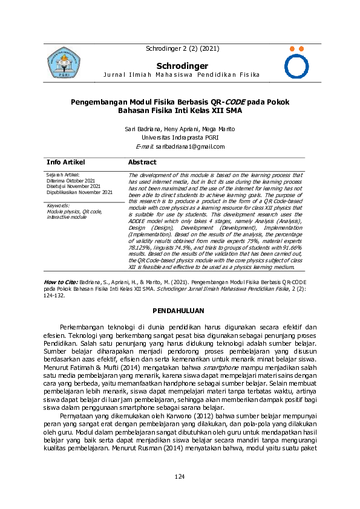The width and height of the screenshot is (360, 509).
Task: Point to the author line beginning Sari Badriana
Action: coord(180,129)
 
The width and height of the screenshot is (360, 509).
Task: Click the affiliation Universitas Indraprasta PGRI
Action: coord(180,137)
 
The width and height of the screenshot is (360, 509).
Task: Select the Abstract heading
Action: coord(142,163)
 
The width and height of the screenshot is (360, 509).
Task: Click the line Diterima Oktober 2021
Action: coord(70,180)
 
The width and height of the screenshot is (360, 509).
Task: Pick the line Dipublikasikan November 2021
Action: coord(79,192)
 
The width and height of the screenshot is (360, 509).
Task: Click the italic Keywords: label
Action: coord(58,206)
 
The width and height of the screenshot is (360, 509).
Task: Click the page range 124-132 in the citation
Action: coord(56,296)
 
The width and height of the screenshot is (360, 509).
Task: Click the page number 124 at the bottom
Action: coord(180,478)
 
